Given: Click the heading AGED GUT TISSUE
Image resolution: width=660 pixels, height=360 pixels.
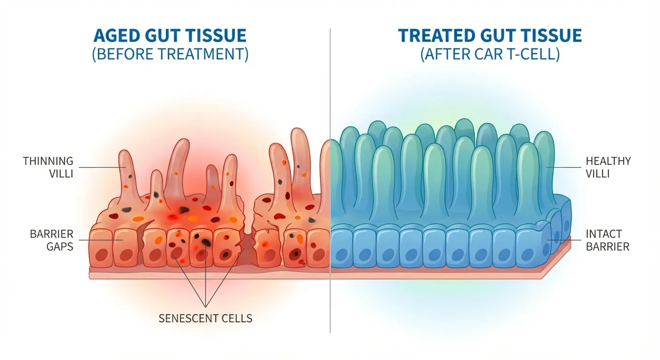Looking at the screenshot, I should click(170, 37).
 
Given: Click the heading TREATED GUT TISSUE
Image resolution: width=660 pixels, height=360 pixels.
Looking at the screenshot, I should click(490, 37).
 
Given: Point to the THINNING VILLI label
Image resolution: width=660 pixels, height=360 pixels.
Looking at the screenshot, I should click(48, 167).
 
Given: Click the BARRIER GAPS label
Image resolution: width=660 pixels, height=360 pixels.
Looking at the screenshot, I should click(52, 240).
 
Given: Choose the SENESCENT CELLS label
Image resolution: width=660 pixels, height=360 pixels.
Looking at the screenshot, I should click(205, 319).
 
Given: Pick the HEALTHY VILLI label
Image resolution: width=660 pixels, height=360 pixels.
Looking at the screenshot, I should click(608, 167).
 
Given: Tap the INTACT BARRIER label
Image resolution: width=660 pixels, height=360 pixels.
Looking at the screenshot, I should click(607, 240).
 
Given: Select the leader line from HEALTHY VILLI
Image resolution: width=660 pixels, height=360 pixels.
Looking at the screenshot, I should click(565, 167).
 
